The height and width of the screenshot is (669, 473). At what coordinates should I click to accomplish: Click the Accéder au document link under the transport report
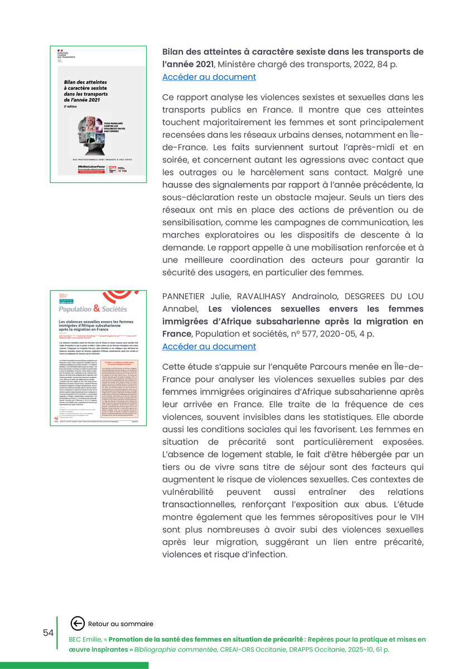209,77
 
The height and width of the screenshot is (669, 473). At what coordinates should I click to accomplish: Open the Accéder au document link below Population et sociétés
209,346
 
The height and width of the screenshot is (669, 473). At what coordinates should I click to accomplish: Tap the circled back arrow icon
78,623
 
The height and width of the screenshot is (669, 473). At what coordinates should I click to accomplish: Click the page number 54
48,633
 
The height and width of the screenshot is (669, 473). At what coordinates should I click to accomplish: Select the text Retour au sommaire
120,624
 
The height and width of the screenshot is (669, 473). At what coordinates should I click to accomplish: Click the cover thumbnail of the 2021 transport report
98,114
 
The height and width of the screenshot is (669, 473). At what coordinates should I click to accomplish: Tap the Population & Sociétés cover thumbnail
98,357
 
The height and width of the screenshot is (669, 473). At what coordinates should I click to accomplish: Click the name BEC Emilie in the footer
85,639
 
